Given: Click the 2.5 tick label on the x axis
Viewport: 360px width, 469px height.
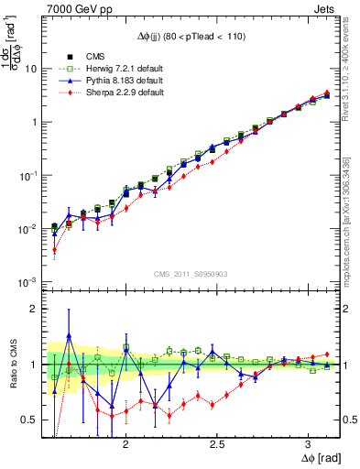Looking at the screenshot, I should pos(217,442).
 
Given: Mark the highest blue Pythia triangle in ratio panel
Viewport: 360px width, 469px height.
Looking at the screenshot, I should pos(69,336).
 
